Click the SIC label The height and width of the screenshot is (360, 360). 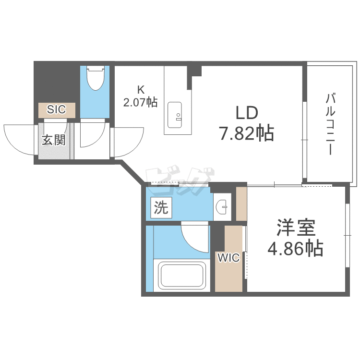click(57, 109)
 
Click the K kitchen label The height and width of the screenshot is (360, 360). click(141, 89)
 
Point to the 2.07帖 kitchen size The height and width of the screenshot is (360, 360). click(141, 102)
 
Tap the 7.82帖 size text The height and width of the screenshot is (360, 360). click(247, 132)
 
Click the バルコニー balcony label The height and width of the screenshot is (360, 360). click(330, 124)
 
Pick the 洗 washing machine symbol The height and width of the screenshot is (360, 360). click(161, 207)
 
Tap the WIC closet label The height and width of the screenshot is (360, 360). click(228, 258)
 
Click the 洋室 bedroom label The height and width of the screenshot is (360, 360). click(295, 227)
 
